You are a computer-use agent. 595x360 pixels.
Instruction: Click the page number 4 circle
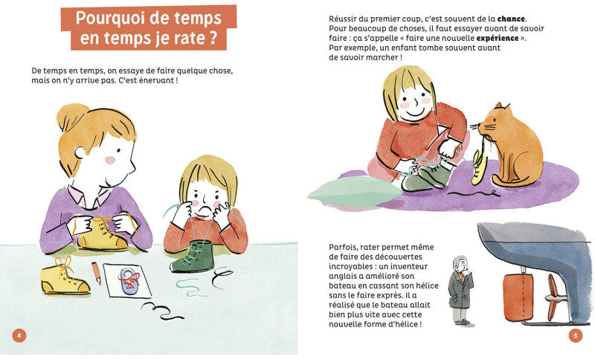[x=19, y=335]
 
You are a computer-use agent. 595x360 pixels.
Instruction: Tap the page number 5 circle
[x=575, y=335]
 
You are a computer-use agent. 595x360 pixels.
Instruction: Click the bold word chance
[x=511, y=19]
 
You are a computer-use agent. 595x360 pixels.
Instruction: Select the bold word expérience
[x=498, y=39]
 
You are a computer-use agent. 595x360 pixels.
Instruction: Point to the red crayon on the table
[x=97, y=273]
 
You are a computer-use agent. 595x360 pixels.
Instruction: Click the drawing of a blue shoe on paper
[x=129, y=281]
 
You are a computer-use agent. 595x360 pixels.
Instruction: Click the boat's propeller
[x=556, y=297]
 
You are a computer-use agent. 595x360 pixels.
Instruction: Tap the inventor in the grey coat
[x=460, y=291]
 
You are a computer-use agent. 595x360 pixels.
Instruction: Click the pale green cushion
[x=355, y=192]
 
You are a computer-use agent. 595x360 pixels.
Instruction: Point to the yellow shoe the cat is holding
[x=478, y=167]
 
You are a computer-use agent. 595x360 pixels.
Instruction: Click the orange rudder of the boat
[x=518, y=297]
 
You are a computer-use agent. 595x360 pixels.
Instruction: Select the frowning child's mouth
[x=203, y=210]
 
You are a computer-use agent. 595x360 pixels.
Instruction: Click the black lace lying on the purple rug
[x=475, y=193]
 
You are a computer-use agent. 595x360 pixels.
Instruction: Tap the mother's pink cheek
[x=110, y=160]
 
